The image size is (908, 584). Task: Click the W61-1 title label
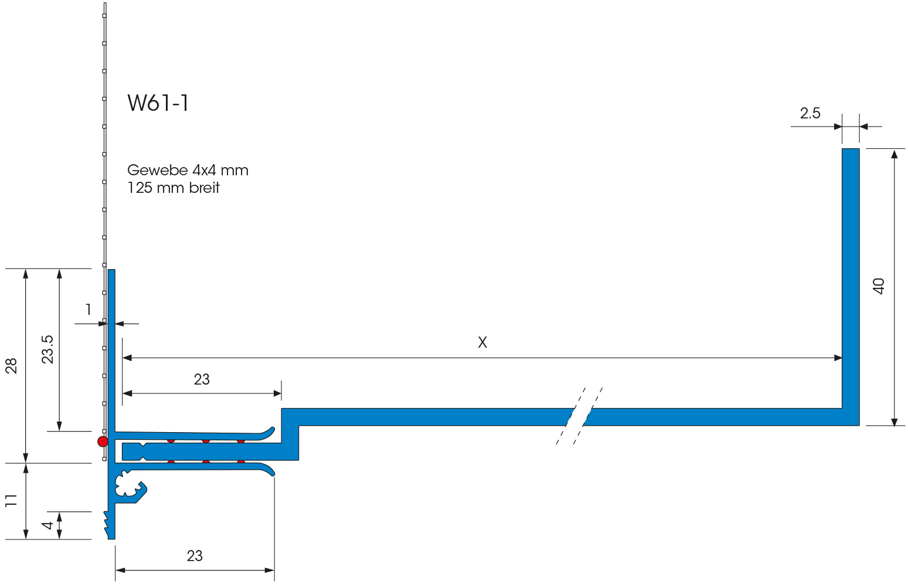pos(158,103)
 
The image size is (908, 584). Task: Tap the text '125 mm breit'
pos(174,188)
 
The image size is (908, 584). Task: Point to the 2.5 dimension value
pos(810,114)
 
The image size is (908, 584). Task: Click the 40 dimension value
pos(879,286)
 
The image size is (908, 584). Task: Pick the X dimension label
pos(482,342)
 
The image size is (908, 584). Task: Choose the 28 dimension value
pos(12,366)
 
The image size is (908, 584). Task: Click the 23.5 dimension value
pos(47,349)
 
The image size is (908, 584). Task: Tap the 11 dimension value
pos(12,500)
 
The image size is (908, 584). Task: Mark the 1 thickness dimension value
pos(89,310)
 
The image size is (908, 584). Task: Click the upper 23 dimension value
pos(202,380)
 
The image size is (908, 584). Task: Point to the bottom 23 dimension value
pos(195,556)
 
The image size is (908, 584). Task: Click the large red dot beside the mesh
pos(103,442)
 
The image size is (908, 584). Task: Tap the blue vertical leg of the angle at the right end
pos(851,276)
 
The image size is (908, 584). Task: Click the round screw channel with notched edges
pos(127,484)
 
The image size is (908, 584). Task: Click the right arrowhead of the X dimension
pos(838,358)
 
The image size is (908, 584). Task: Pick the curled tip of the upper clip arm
pos(270,431)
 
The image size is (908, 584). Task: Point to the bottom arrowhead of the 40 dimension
pos(894,422)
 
